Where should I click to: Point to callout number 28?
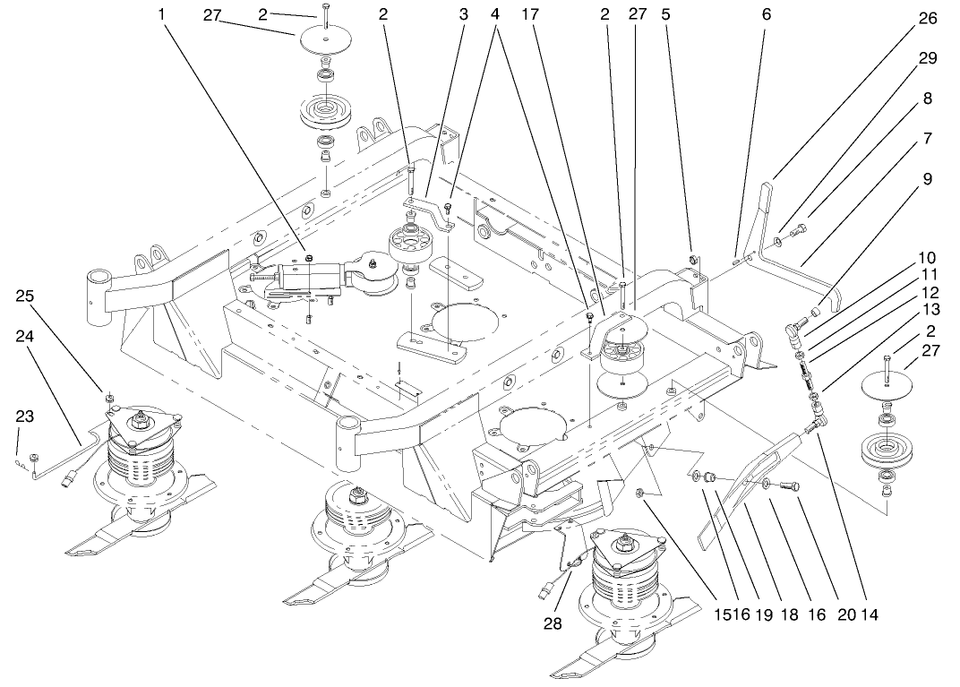(553, 623)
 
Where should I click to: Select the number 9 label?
(927, 179)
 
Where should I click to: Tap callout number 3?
(463, 14)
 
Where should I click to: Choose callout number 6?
(765, 14)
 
